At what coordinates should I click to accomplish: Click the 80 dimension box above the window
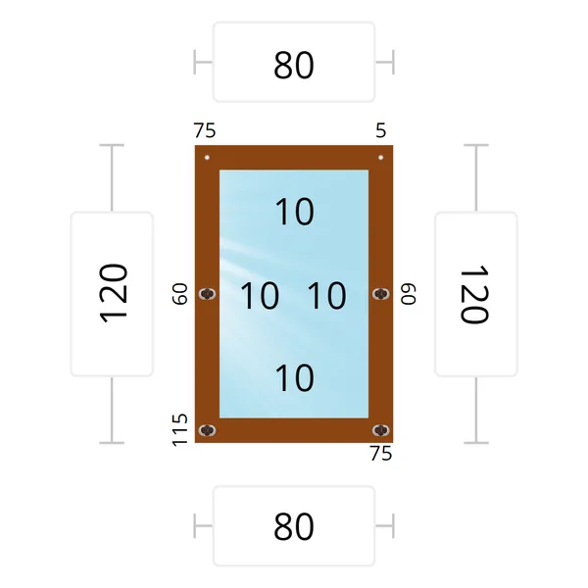pos(294,62)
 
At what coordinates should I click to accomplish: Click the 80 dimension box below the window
pos(294,525)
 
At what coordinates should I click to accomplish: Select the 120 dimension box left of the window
pos(112,294)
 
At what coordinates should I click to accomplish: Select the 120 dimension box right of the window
pos(476,294)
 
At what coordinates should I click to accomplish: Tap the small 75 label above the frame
pos(205,130)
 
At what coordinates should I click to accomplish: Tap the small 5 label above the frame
pos(380,130)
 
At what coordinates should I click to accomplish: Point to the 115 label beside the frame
pos(179,430)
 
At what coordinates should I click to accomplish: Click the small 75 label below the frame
pos(381,454)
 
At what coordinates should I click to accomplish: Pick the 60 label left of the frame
pos(179,294)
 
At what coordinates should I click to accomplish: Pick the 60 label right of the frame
pos(409,294)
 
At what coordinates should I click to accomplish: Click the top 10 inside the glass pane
pos(295,212)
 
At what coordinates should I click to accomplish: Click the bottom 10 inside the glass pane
pos(295,377)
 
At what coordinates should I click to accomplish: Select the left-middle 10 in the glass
pos(260,296)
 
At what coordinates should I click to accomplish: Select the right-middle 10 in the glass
pos(327,296)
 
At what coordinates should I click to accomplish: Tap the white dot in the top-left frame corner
pos(207,158)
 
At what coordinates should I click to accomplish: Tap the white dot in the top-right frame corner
pos(380,158)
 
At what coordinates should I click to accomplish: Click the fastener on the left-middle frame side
pos(207,294)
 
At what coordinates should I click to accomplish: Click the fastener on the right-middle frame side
pos(381,294)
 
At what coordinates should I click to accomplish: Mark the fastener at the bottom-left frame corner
pos(207,430)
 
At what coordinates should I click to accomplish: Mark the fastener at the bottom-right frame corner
pos(381,430)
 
